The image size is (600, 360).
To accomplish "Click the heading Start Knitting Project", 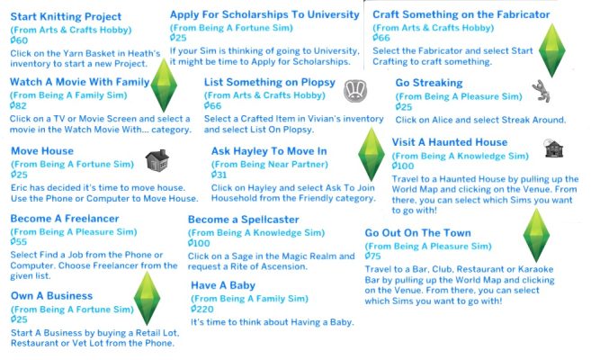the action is tap(66, 17).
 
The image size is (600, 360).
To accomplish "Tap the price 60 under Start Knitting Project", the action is tap(19, 40).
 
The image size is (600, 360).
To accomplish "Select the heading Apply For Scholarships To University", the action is tap(264, 14).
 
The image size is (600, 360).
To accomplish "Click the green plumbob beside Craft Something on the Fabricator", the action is tap(551, 50).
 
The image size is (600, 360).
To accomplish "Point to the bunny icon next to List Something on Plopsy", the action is tap(355, 91).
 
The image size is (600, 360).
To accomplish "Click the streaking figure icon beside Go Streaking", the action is tap(542, 91).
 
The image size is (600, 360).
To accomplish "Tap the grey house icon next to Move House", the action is tap(157, 160).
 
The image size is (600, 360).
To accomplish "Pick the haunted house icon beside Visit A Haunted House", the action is tap(553, 148).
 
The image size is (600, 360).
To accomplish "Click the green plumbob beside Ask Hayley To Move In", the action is tap(372, 154).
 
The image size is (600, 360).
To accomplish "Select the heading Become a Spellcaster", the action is tap(244, 220).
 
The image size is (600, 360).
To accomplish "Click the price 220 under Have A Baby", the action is tap(202, 309).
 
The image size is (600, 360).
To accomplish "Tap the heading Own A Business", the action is tap(51, 296).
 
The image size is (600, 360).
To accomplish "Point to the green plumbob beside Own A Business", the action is tap(147, 298).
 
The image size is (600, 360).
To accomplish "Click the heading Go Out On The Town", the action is tap(418, 233).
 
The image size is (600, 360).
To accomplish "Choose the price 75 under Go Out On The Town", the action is tap(373, 256).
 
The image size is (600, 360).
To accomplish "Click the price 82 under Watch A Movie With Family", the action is tap(18, 105).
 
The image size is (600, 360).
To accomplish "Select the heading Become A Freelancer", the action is tap(65, 219).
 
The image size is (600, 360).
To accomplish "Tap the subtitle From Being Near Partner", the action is tap(270, 165).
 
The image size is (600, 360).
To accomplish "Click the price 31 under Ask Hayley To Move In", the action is tap(219, 175).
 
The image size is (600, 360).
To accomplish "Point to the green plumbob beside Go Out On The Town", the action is tap(536, 235).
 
